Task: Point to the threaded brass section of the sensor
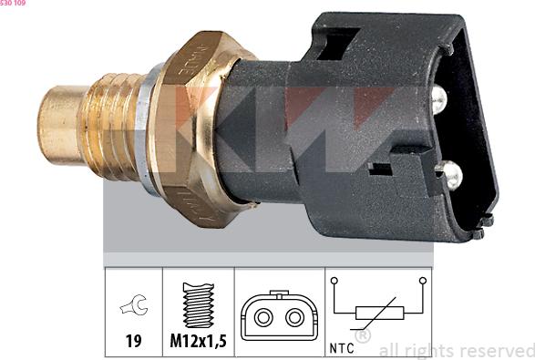[111, 123]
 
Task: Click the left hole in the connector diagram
[265, 318]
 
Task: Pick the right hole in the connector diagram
[294, 318]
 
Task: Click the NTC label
[340, 348]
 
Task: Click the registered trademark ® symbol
[362, 335]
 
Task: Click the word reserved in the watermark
[493, 350]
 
